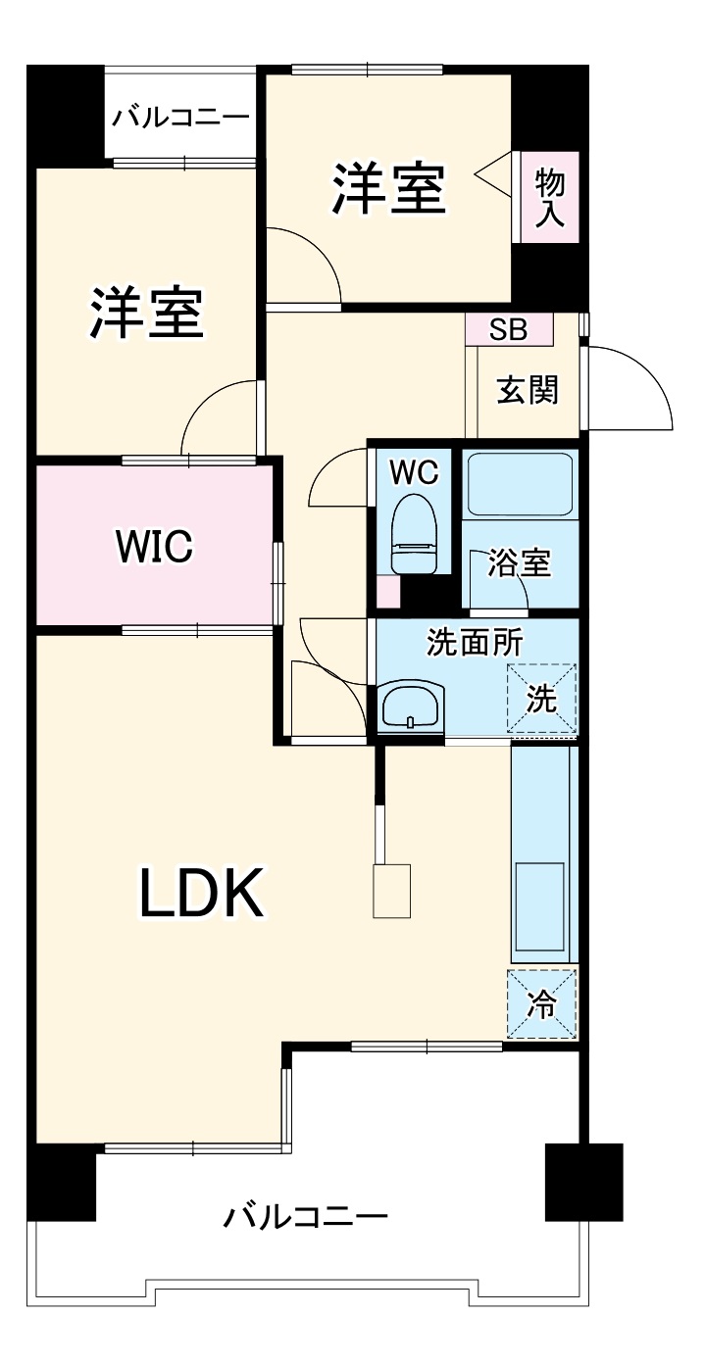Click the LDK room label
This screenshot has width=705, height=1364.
tap(202, 893)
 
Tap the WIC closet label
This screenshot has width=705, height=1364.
tap(154, 546)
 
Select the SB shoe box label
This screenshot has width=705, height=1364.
tap(508, 330)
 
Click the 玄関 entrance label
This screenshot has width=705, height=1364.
tap(528, 390)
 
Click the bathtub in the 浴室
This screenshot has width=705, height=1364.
tap(519, 484)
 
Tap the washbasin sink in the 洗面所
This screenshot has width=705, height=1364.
tap(411, 706)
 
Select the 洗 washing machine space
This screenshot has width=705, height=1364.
tap(541, 699)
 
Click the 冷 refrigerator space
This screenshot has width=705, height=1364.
tap(541, 1003)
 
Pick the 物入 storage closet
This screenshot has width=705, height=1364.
tap(549, 197)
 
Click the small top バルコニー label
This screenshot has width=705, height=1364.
tap(179, 118)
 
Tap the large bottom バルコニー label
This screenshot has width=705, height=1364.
tap(305, 1218)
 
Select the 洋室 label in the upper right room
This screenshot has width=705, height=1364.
tap(389, 189)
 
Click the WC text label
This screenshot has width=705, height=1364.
tap(414, 471)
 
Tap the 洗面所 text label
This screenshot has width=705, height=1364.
tap(473, 643)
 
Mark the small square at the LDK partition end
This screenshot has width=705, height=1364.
tap(391, 891)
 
